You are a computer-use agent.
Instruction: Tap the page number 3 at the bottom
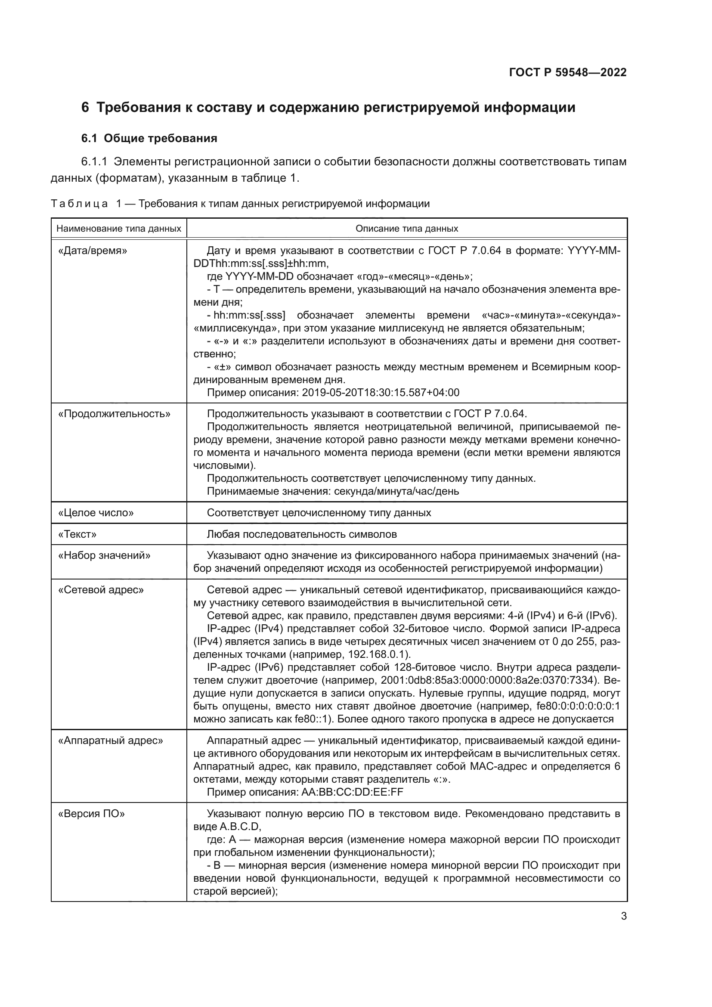(623, 916)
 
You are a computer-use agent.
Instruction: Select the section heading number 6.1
(89, 139)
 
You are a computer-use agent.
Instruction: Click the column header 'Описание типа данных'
(406, 229)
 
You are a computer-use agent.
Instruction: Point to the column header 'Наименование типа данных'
(119, 229)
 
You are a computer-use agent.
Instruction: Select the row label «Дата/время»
(93, 251)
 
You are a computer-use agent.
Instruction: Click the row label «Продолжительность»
(114, 414)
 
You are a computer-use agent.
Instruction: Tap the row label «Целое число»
(96, 513)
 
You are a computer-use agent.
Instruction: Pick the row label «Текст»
(77, 534)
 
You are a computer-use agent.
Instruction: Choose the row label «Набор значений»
(104, 556)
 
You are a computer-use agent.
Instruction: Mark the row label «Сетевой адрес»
(101, 590)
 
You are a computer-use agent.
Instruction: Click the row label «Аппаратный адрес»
(111, 741)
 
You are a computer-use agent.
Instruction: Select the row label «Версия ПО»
(91, 814)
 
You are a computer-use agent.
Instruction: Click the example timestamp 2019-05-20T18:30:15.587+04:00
(381, 393)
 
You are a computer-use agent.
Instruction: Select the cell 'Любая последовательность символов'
(302, 534)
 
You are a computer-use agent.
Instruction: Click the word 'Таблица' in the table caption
(79, 204)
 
